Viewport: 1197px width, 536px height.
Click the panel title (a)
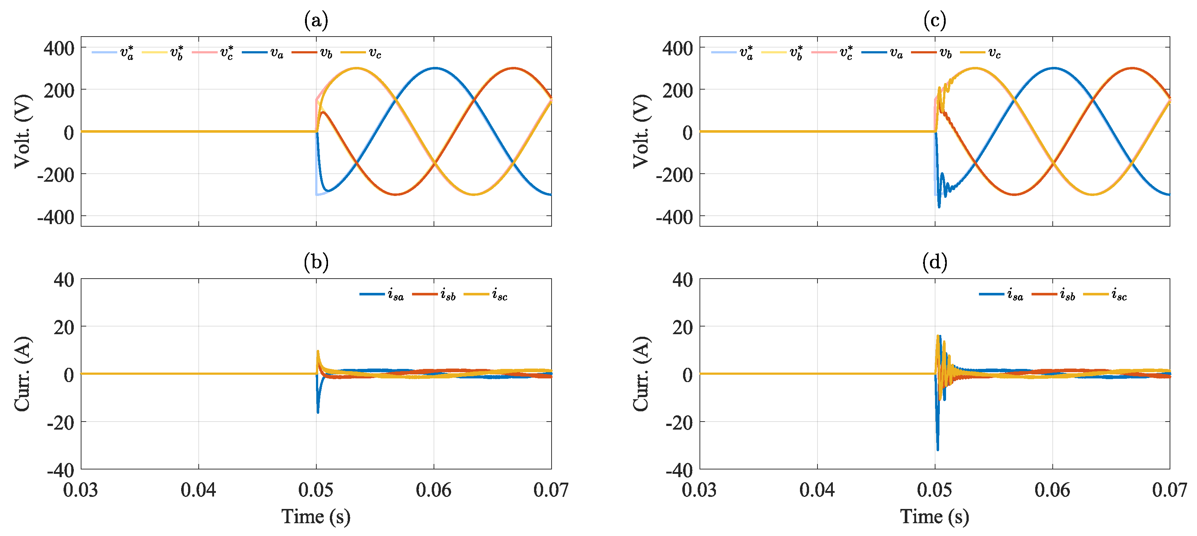pos(316,20)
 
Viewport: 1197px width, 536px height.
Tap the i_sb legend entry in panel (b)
pos(434,295)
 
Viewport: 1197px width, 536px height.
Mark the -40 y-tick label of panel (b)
pos(60,470)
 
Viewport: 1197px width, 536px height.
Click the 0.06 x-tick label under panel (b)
pos(434,490)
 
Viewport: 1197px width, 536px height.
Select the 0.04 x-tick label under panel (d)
pos(817,490)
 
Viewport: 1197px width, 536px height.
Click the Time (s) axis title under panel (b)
pos(316,517)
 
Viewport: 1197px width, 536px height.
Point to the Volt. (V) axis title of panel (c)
pos(641,131)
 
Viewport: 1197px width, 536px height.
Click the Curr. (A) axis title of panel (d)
pos(641,374)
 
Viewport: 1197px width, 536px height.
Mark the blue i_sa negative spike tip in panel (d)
pos(938,449)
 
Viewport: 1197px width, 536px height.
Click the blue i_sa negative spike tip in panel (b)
pos(318,412)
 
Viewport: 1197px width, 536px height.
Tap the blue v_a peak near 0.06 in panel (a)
pos(434,68)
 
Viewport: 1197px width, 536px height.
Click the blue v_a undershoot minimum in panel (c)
pos(939,207)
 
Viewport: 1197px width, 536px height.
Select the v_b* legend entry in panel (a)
pos(163,53)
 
